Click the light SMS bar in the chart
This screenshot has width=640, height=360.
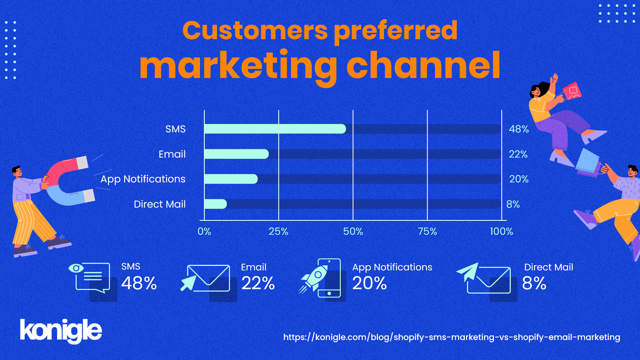click(275, 129)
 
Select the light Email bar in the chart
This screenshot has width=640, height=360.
click(236, 154)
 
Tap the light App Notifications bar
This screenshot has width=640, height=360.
click(231, 179)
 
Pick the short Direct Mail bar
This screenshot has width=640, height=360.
click(216, 204)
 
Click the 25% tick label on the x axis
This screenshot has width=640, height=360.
click(278, 231)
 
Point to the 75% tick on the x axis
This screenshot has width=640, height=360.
click(428, 231)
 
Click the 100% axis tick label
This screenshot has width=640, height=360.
click(502, 231)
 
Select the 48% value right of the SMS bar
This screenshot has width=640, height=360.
click(518, 129)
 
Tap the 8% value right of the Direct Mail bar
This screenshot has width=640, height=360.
click(513, 204)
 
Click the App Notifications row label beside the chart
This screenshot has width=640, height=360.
click(143, 179)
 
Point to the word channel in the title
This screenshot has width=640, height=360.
click(424, 66)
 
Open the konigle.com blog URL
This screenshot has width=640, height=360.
click(452, 337)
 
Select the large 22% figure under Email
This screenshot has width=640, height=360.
click(258, 283)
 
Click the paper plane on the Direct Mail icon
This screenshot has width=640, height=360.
click(468, 272)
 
